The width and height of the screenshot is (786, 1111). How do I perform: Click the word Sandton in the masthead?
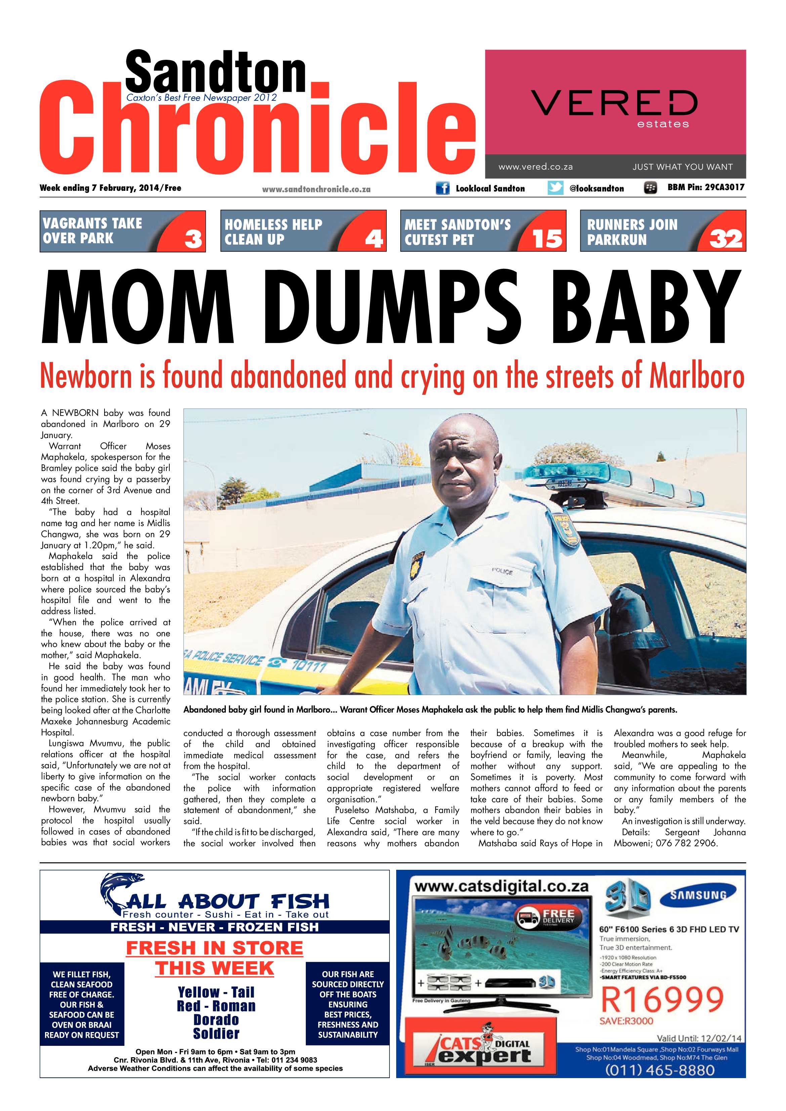pos(215,73)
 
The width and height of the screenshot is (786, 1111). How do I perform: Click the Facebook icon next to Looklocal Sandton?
pos(442,188)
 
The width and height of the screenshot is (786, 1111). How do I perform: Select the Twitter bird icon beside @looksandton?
pos(555,188)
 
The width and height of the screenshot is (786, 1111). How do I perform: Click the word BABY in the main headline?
pos(649,307)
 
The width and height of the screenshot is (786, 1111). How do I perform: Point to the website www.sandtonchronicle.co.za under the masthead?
pos(316,189)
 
